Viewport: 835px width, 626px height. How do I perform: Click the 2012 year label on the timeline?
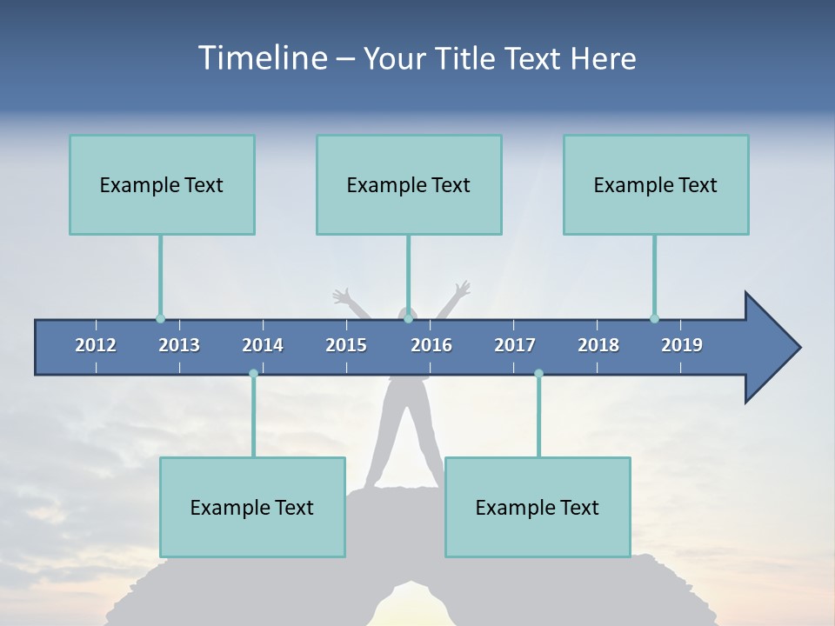pos(96,345)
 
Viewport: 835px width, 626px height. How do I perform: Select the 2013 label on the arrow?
pos(179,345)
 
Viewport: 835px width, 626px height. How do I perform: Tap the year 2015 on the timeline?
pos(346,345)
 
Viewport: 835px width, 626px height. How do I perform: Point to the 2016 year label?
pos(431,345)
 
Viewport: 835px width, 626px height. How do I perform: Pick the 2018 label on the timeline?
pos(598,345)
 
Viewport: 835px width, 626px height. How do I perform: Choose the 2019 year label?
pos(682,345)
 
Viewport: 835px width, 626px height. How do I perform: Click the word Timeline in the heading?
pos(261,58)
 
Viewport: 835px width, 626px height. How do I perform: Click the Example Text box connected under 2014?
pos(252,507)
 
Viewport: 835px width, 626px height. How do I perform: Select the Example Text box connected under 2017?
pos(538,507)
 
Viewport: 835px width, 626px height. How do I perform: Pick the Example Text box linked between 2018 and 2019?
pos(656,184)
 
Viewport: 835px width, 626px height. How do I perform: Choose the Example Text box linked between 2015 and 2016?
pos(409,184)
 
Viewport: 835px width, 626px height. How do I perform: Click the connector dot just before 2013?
pos(160,318)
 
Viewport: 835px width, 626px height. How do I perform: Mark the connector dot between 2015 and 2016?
pos(408,318)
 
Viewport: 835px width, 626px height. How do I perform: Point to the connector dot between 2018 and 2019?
pos(654,318)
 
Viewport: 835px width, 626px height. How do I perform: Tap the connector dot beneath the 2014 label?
pos(253,374)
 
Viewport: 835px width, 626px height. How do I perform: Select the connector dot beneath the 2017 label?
pos(538,374)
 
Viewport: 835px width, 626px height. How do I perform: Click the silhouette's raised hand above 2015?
pos(341,296)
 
